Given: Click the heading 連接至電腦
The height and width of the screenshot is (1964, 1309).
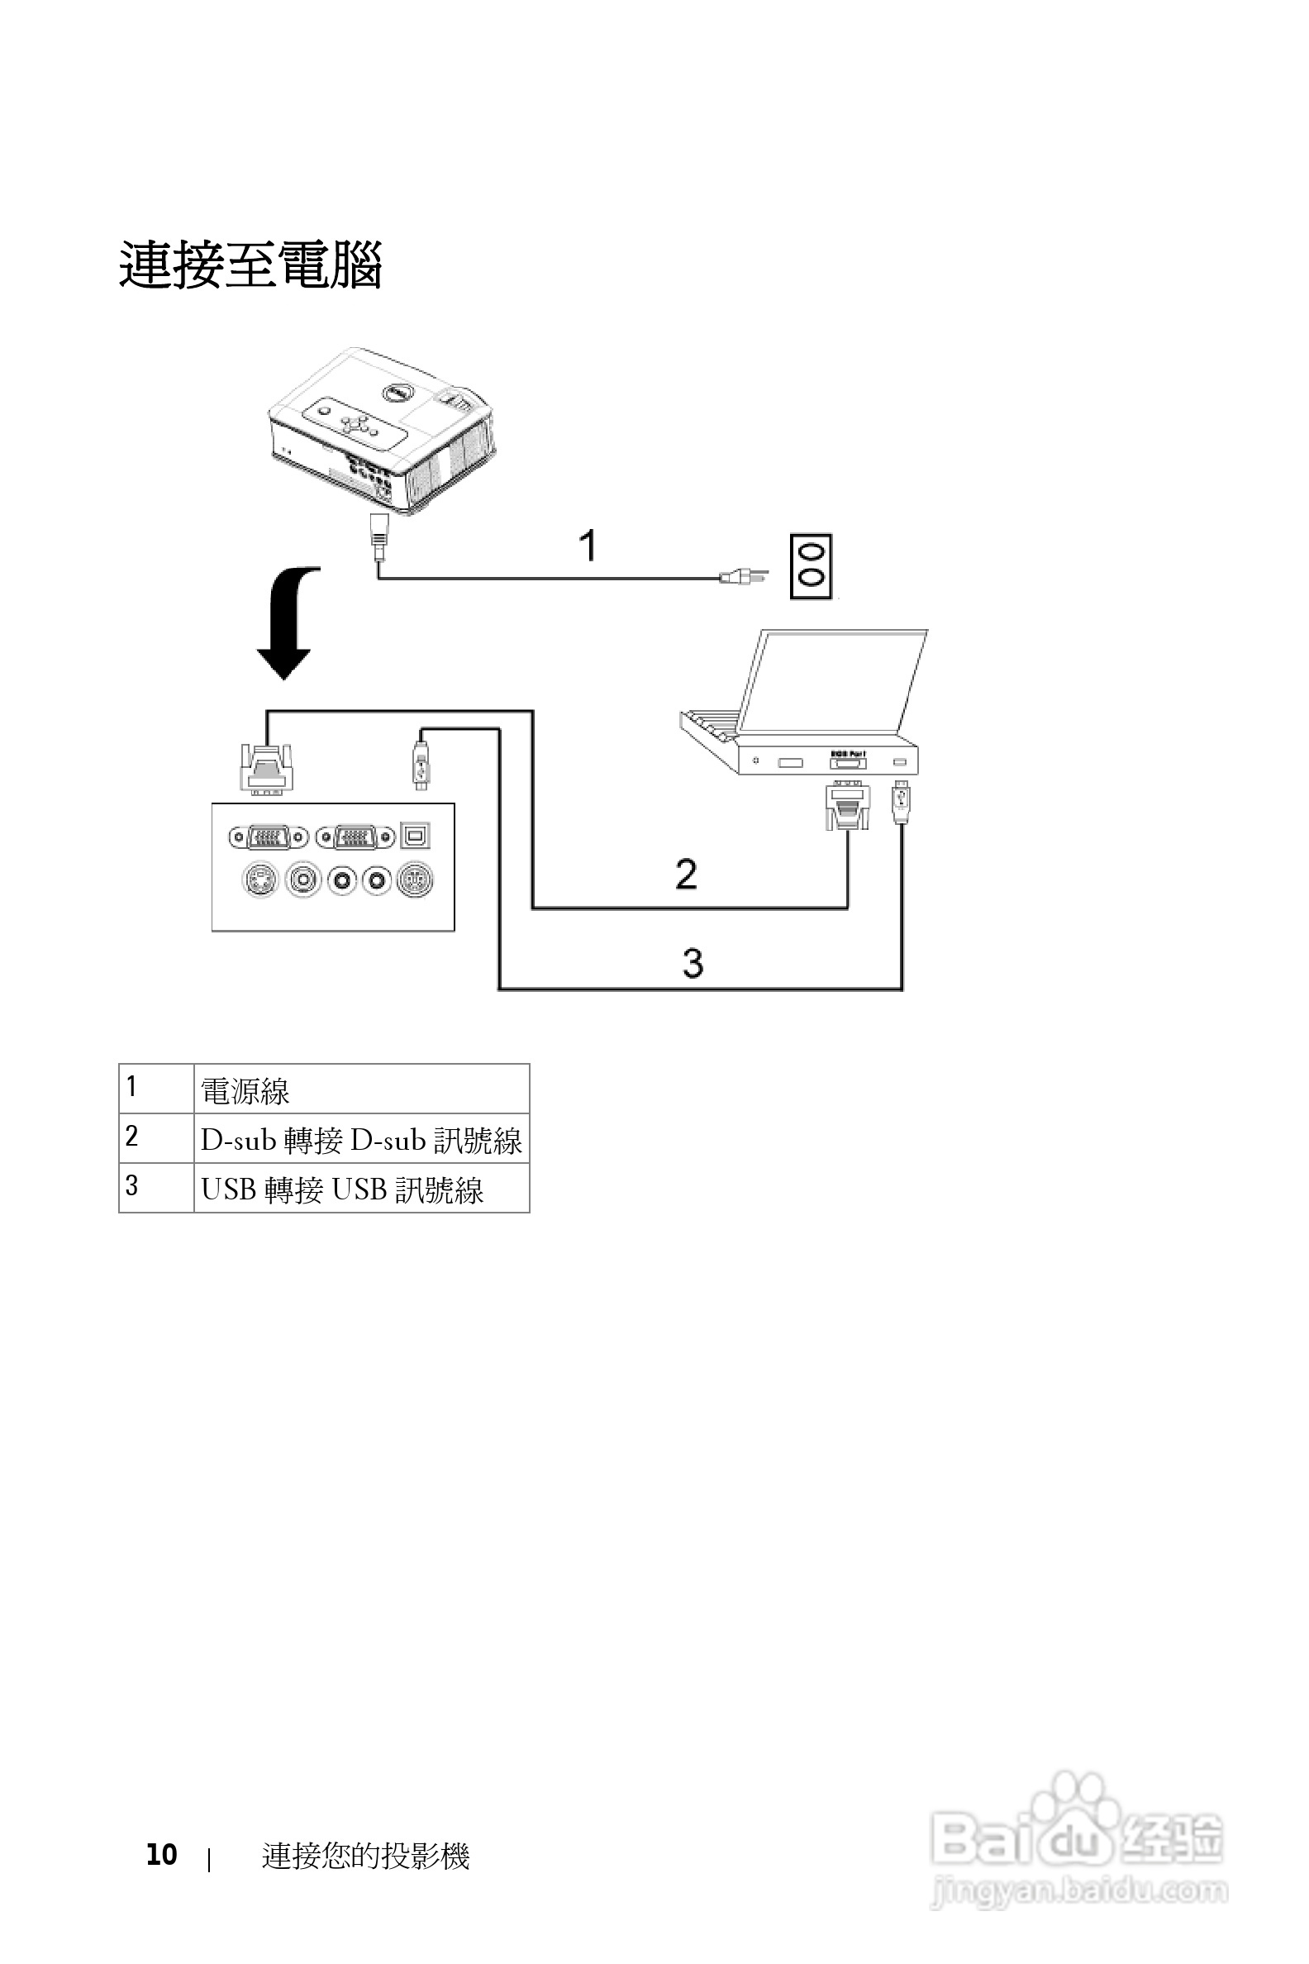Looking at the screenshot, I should [250, 265].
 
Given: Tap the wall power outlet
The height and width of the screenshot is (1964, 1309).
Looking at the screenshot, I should [812, 566].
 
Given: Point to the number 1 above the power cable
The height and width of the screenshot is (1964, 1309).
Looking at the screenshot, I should [588, 546].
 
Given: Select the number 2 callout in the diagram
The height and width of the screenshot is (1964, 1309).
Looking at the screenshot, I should [686, 875].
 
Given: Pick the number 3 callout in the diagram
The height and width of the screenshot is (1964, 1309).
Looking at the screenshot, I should [693, 963].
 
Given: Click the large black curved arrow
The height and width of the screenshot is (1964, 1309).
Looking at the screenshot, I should [288, 623].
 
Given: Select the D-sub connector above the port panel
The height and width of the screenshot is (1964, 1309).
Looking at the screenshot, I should [267, 766].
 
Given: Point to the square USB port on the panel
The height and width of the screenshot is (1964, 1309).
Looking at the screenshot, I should [416, 835].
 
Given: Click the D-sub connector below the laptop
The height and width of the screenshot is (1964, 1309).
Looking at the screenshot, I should [847, 805].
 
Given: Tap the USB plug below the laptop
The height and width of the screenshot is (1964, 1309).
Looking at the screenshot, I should [901, 802].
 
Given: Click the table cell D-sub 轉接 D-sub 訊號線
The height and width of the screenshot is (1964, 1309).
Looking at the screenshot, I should [360, 1140].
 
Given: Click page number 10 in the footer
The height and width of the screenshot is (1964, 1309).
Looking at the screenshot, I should [161, 1855].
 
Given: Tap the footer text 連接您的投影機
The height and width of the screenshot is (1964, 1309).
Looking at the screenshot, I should [365, 1856].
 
